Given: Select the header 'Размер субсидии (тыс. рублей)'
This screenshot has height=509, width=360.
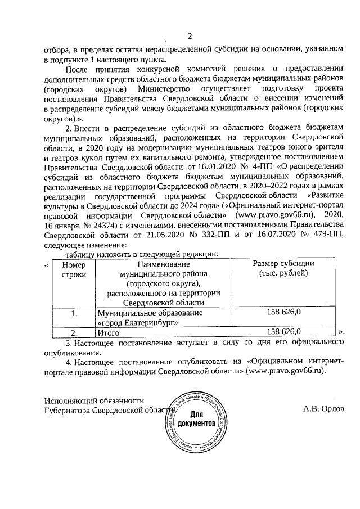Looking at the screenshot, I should [283, 269].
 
